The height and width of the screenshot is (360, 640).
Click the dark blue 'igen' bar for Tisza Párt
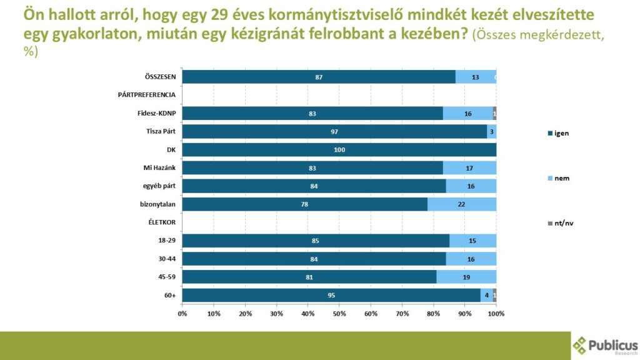click(334, 131)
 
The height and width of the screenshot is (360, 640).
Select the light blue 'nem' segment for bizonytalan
click(461, 204)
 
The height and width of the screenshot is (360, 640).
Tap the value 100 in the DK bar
click(339, 150)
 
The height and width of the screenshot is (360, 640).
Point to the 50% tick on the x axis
click(339, 313)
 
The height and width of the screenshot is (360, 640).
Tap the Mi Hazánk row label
click(161, 167)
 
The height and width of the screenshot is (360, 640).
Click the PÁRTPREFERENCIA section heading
click(147, 95)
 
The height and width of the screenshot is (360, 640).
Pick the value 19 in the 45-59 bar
click(466, 277)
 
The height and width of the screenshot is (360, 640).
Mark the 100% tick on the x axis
click(496, 313)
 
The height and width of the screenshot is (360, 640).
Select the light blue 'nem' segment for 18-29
click(472, 241)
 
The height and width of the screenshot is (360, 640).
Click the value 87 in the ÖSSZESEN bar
click(319, 77)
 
